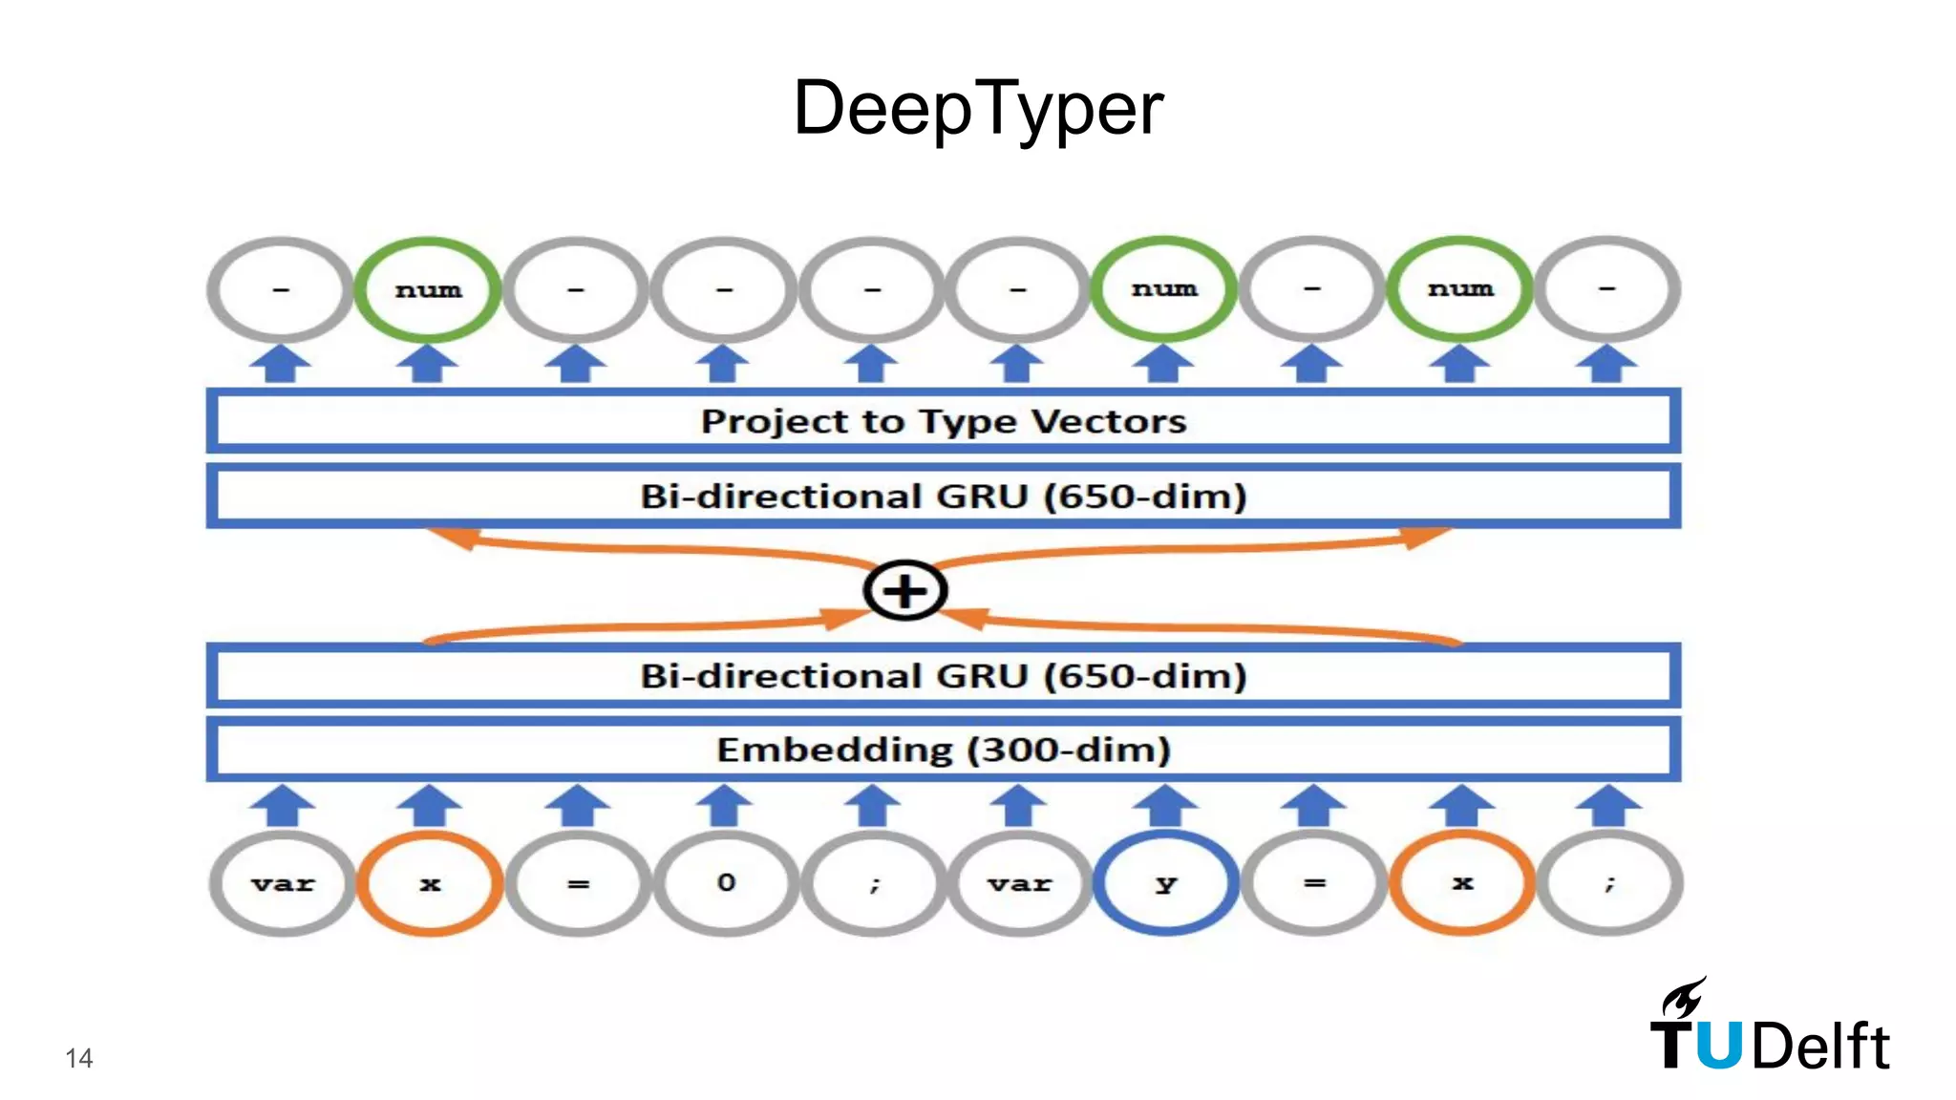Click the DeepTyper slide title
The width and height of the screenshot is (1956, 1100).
click(x=978, y=108)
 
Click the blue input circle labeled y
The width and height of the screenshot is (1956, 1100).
click(x=1165, y=883)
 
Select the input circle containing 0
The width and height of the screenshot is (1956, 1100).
click(x=726, y=883)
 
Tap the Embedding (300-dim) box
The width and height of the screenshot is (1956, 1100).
click(x=944, y=751)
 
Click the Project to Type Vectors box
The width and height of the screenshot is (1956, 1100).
click(x=944, y=421)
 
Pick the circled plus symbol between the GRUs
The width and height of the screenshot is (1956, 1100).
click(x=904, y=590)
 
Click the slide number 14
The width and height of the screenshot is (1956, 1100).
click(x=79, y=1058)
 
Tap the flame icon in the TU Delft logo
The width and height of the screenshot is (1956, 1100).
click(x=1683, y=998)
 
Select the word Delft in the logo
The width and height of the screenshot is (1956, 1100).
click(x=1820, y=1047)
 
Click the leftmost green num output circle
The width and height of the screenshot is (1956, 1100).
click(x=428, y=289)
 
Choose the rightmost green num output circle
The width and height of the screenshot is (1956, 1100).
click(x=1459, y=289)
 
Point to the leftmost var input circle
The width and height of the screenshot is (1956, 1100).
click(x=283, y=883)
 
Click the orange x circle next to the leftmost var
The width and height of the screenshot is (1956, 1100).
click(x=430, y=883)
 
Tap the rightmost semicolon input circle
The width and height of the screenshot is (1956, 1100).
click(x=1610, y=883)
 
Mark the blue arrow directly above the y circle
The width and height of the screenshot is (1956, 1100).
click(x=1165, y=805)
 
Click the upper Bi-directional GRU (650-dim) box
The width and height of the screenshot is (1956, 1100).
click(x=944, y=497)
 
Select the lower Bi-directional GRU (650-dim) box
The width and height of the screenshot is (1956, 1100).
click(x=944, y=676)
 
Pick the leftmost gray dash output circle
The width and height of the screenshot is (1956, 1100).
click(x=281, y=289)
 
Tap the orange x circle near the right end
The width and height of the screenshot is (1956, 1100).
click(x=1461, y=883)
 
